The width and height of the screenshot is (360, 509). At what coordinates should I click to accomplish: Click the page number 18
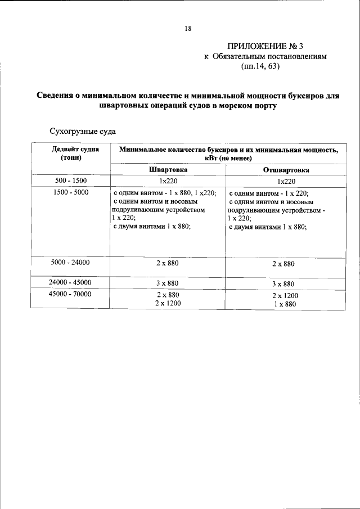pyautogui.click(x=188, y=28)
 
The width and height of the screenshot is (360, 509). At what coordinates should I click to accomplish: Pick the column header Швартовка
pyautogui.click(x=168, y=169)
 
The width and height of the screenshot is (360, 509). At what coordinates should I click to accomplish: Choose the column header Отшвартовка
pyautogui.click(x=285, y=170)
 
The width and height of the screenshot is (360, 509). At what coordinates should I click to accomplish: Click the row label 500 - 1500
pyautogui.click(x=70, y=181)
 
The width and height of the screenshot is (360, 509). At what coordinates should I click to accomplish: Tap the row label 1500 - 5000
pyautogui.click(x=70, y=192)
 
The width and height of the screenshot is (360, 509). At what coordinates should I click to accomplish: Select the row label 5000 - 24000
pyautogui.click(x=70, y=262)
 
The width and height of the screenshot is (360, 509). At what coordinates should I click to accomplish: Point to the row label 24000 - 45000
pyautogui.click(x=70, y=282)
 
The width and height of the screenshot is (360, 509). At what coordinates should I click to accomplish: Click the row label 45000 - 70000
pyautogui.click(x=70, y=294)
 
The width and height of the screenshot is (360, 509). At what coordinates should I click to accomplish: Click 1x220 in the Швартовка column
pyautogui.click(x=168, y=181)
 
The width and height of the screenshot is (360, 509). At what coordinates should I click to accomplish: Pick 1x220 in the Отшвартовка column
pyautogui.click(x=285, y=181)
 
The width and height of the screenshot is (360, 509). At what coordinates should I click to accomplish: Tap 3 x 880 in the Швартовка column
pyautogui.click(x=168, y=283)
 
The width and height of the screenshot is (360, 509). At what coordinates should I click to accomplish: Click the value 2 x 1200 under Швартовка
pyautogui.click(x=168, y=303)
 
